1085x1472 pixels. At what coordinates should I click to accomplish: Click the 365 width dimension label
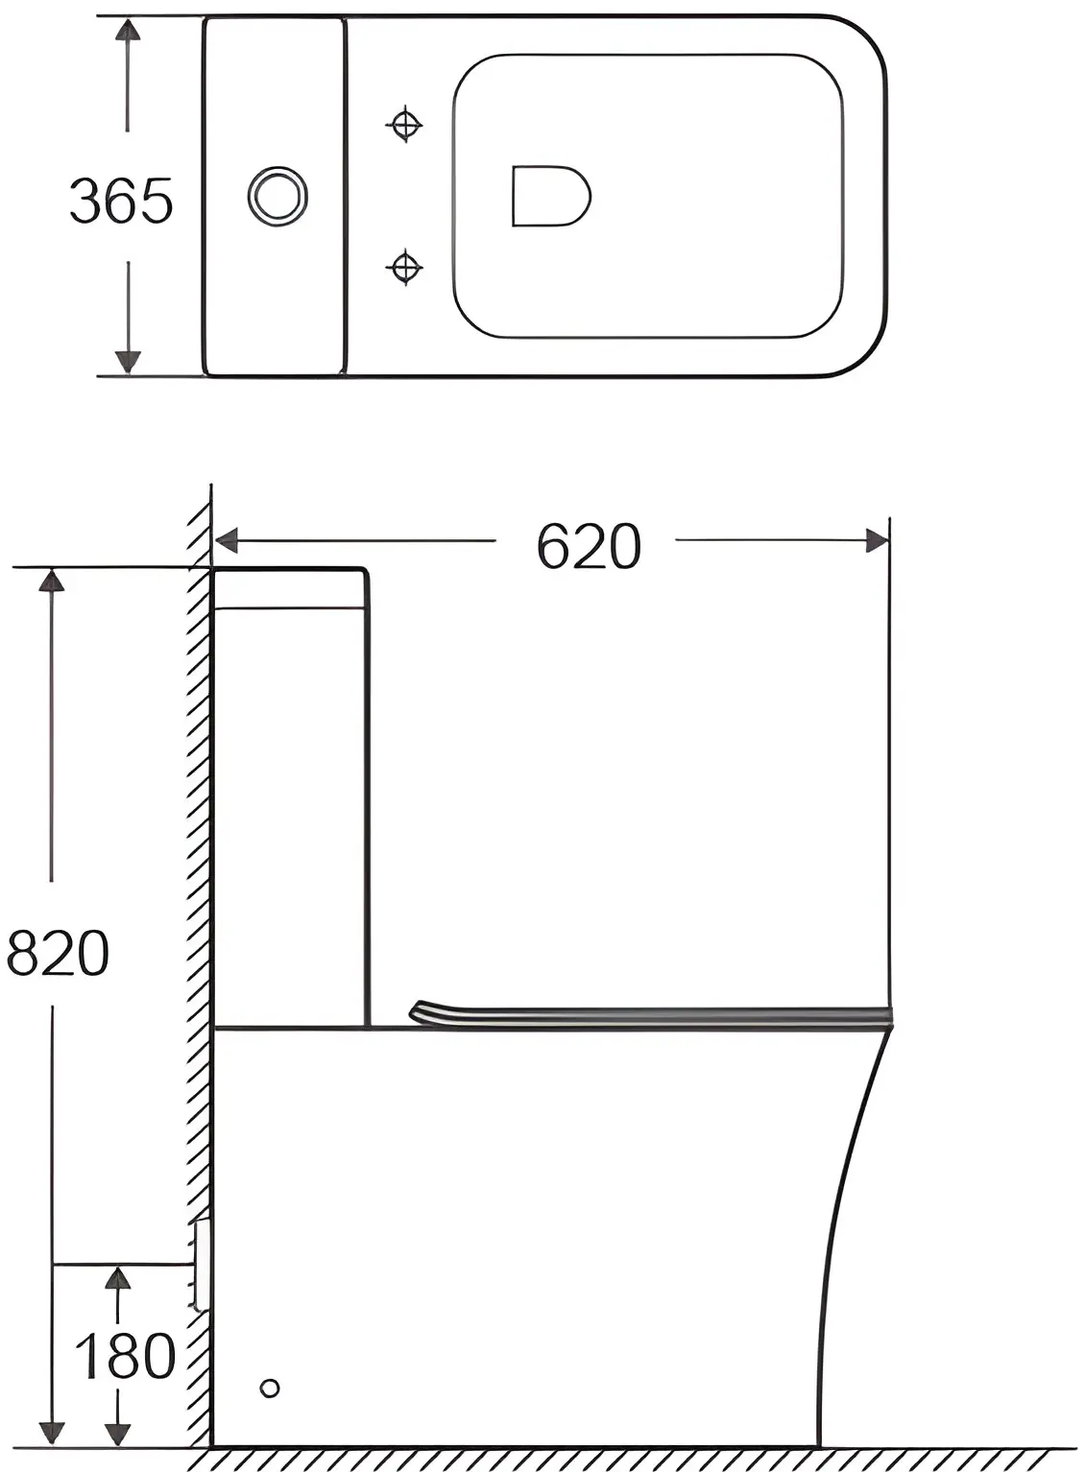click(x=121, y=200)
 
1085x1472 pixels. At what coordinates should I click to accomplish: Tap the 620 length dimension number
click(x=589, y=546)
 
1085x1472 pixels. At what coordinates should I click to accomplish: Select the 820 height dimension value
click(x=58, y=952)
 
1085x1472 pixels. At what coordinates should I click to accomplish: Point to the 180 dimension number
click(x=125, y=1356)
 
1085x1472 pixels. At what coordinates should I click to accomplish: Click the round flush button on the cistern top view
click(x=277, y=196)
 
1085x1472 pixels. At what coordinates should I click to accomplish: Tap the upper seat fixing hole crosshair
click(x=404, y=124)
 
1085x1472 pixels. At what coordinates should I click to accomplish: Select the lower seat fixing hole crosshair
click(x=403, y=267)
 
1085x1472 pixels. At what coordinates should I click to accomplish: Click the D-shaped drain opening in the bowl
click(x=551, y=196)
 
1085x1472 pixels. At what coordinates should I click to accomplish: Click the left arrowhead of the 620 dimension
click(x=226, y=540)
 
